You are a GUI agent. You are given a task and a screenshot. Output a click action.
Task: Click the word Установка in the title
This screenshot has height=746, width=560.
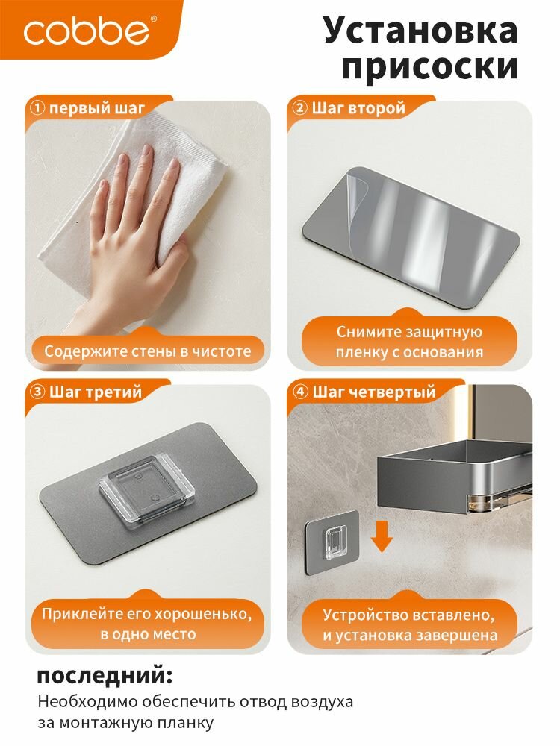[421, 31]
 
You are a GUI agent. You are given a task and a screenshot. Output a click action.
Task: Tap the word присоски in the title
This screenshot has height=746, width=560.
[429, 66]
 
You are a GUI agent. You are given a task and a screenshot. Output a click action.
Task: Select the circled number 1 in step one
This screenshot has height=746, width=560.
[37, 108]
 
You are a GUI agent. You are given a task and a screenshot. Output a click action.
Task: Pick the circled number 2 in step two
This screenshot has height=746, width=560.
[299, 108]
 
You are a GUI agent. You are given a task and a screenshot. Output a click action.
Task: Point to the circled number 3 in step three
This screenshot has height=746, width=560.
[37, 392]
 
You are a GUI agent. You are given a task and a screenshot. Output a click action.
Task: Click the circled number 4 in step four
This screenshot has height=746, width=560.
[300, 392]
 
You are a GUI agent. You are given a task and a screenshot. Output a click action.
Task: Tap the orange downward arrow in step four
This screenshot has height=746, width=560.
[382, 536]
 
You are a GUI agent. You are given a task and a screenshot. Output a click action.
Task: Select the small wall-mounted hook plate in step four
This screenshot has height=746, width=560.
[332, 542]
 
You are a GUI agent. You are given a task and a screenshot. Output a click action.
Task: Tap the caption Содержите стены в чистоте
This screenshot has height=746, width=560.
[148, 351]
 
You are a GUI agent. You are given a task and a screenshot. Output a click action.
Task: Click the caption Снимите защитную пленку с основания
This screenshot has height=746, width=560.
[409, 342]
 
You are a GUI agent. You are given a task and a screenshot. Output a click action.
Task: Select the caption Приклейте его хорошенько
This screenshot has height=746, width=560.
[146, 614]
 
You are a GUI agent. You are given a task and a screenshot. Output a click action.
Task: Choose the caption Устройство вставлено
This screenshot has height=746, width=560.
[408, 615]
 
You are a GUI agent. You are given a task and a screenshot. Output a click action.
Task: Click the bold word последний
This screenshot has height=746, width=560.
[105, 676]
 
